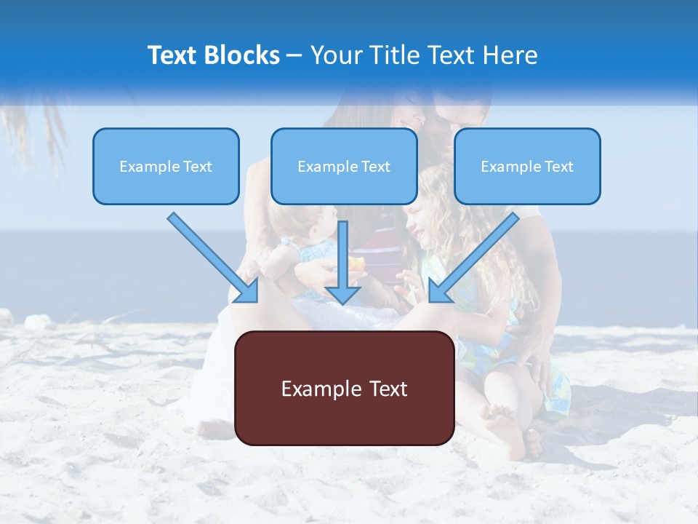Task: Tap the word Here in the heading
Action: (513, 55)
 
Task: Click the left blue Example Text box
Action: (166, 166)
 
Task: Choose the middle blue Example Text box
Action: (344, 166)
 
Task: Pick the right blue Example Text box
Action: (527, 166)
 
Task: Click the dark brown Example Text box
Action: (345, 388)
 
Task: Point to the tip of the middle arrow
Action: (342, 303)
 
